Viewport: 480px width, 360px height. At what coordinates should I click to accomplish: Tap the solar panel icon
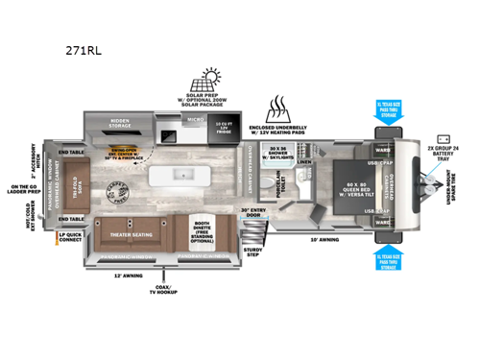214,79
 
